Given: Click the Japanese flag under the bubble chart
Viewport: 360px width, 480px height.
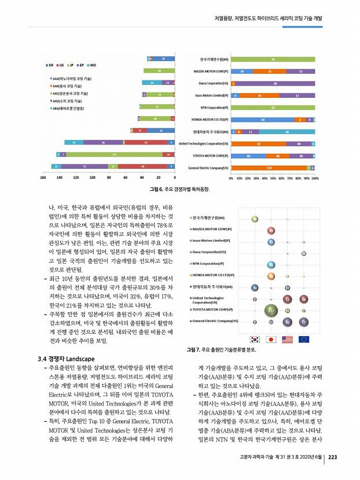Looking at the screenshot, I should (x=270, y=339).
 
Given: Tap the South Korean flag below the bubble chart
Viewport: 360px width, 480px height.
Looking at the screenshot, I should (x=254, y=339).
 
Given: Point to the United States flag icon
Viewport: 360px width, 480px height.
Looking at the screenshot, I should (x=287, y=339).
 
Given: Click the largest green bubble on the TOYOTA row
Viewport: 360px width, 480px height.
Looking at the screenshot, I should (x=270, y=311).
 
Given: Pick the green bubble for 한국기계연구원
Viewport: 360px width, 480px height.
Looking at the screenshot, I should (x=255, y=218).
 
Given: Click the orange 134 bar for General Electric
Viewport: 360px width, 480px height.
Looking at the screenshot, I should (x=269, y=167).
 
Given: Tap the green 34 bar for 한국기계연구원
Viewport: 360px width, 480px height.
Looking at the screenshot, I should (x=272, y=59).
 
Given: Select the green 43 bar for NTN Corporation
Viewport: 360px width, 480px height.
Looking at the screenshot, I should (x=272, y=108).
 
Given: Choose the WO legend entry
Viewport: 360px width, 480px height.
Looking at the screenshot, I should (x=91, y=65).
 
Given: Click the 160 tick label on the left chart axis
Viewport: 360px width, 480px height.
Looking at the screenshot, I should (x=43, y=178).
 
